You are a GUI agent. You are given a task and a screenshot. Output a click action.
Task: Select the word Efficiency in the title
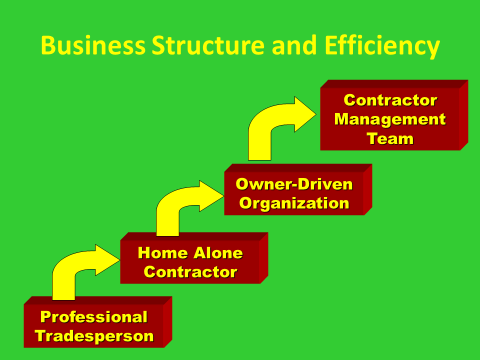[381, 46]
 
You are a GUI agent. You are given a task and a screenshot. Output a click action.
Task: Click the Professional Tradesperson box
[94, 326]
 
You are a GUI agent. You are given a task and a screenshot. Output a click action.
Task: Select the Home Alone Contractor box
[189, 262]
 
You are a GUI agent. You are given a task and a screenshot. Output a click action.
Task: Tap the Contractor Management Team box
[390, 119]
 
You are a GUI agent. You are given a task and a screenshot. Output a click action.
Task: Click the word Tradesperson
[94, 336]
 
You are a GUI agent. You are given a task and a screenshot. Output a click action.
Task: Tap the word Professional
[94, 317]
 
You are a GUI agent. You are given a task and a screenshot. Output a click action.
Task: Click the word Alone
[213, 253]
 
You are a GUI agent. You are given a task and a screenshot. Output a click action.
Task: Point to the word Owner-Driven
[293, 184]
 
